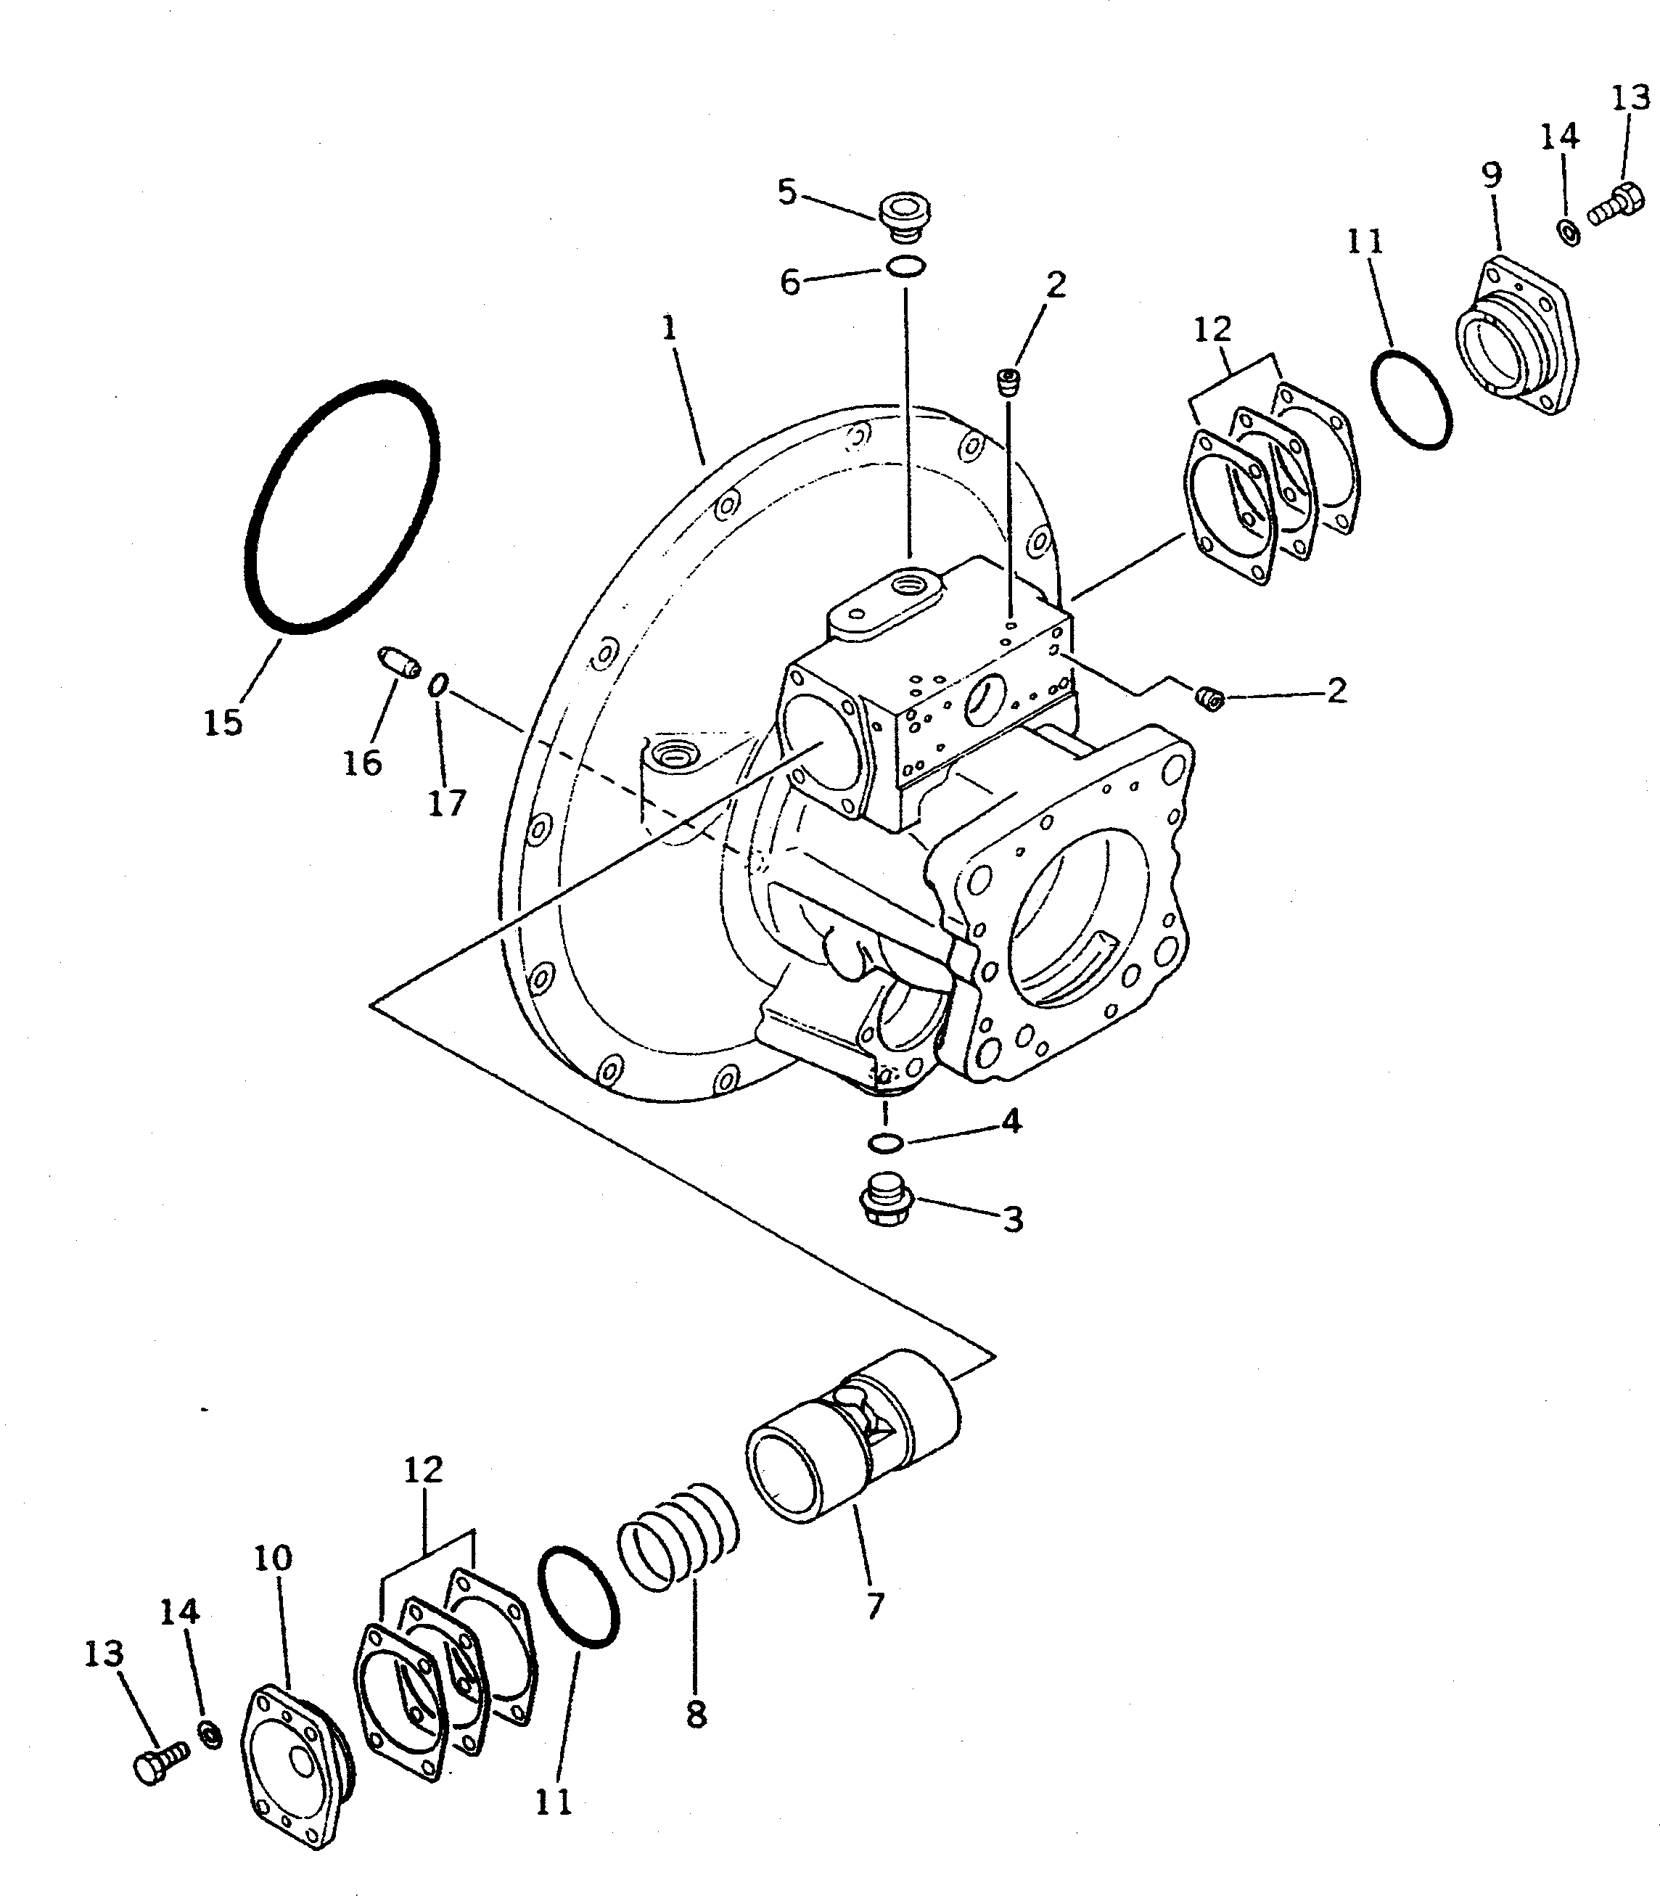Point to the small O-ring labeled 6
point(904,268)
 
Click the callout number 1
point(670,329)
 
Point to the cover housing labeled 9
point(1513,338)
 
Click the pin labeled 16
point(399,662)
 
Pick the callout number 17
point(446,803)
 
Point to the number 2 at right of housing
point(1336,690)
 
